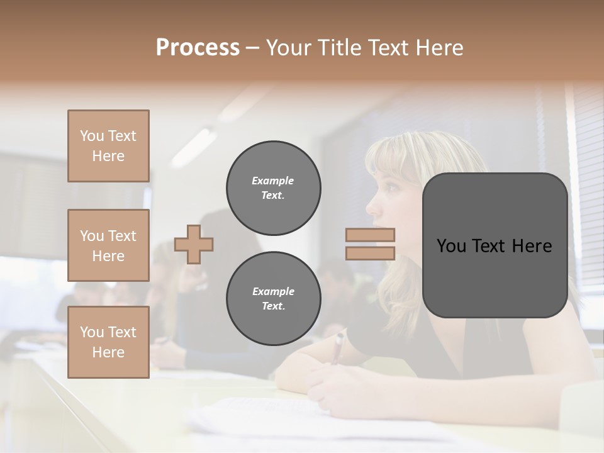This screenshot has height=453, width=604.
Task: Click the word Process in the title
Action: click(198, 48)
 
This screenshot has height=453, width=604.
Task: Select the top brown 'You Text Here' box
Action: click(108, 146)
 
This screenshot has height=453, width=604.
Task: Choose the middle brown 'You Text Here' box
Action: click(108, 245)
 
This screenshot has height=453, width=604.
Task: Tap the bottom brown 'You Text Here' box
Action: click(108, 342)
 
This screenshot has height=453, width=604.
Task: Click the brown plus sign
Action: click(194, 244)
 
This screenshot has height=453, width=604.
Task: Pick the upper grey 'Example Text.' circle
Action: click(273, 188)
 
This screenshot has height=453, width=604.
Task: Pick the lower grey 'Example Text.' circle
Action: click(273, 298)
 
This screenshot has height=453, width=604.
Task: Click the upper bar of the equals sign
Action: click(370, 235)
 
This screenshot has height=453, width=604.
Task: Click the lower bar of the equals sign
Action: click(370, 253)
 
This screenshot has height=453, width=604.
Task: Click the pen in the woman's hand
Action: click(338, 347)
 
